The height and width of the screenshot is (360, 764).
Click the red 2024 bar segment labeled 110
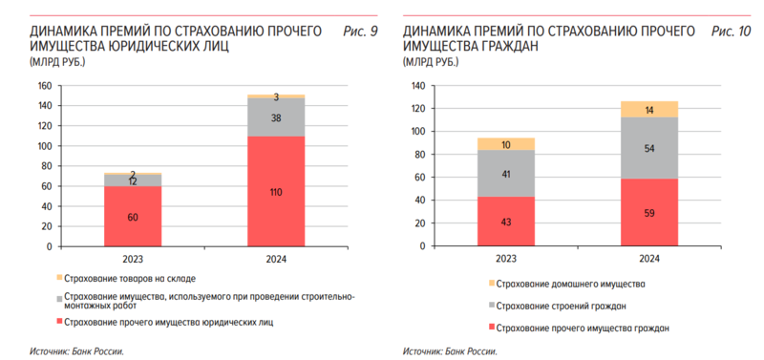(276, 191)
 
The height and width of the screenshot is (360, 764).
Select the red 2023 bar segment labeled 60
(133, 216)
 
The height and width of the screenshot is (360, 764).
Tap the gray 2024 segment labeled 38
(276, 117)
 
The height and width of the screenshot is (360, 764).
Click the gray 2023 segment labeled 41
(505, 174)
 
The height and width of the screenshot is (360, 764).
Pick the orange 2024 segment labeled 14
(649, 110)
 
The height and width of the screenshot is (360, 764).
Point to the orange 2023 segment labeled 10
(505, 144)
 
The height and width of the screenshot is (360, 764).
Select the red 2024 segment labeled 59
(649, 212)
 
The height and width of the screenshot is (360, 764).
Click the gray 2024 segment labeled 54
(649, 148)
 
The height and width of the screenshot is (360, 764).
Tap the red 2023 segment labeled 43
(505, 222)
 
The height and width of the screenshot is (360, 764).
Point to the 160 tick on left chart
(43, 85)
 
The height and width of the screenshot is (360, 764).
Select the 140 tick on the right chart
(415, 85)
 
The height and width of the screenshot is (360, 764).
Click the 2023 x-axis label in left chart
(133, 258)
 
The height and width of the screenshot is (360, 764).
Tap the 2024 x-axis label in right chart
(649, 258)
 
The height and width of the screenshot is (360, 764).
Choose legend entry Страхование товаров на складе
(131, 279)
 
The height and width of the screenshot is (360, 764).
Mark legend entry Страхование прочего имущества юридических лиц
(169, 322)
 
